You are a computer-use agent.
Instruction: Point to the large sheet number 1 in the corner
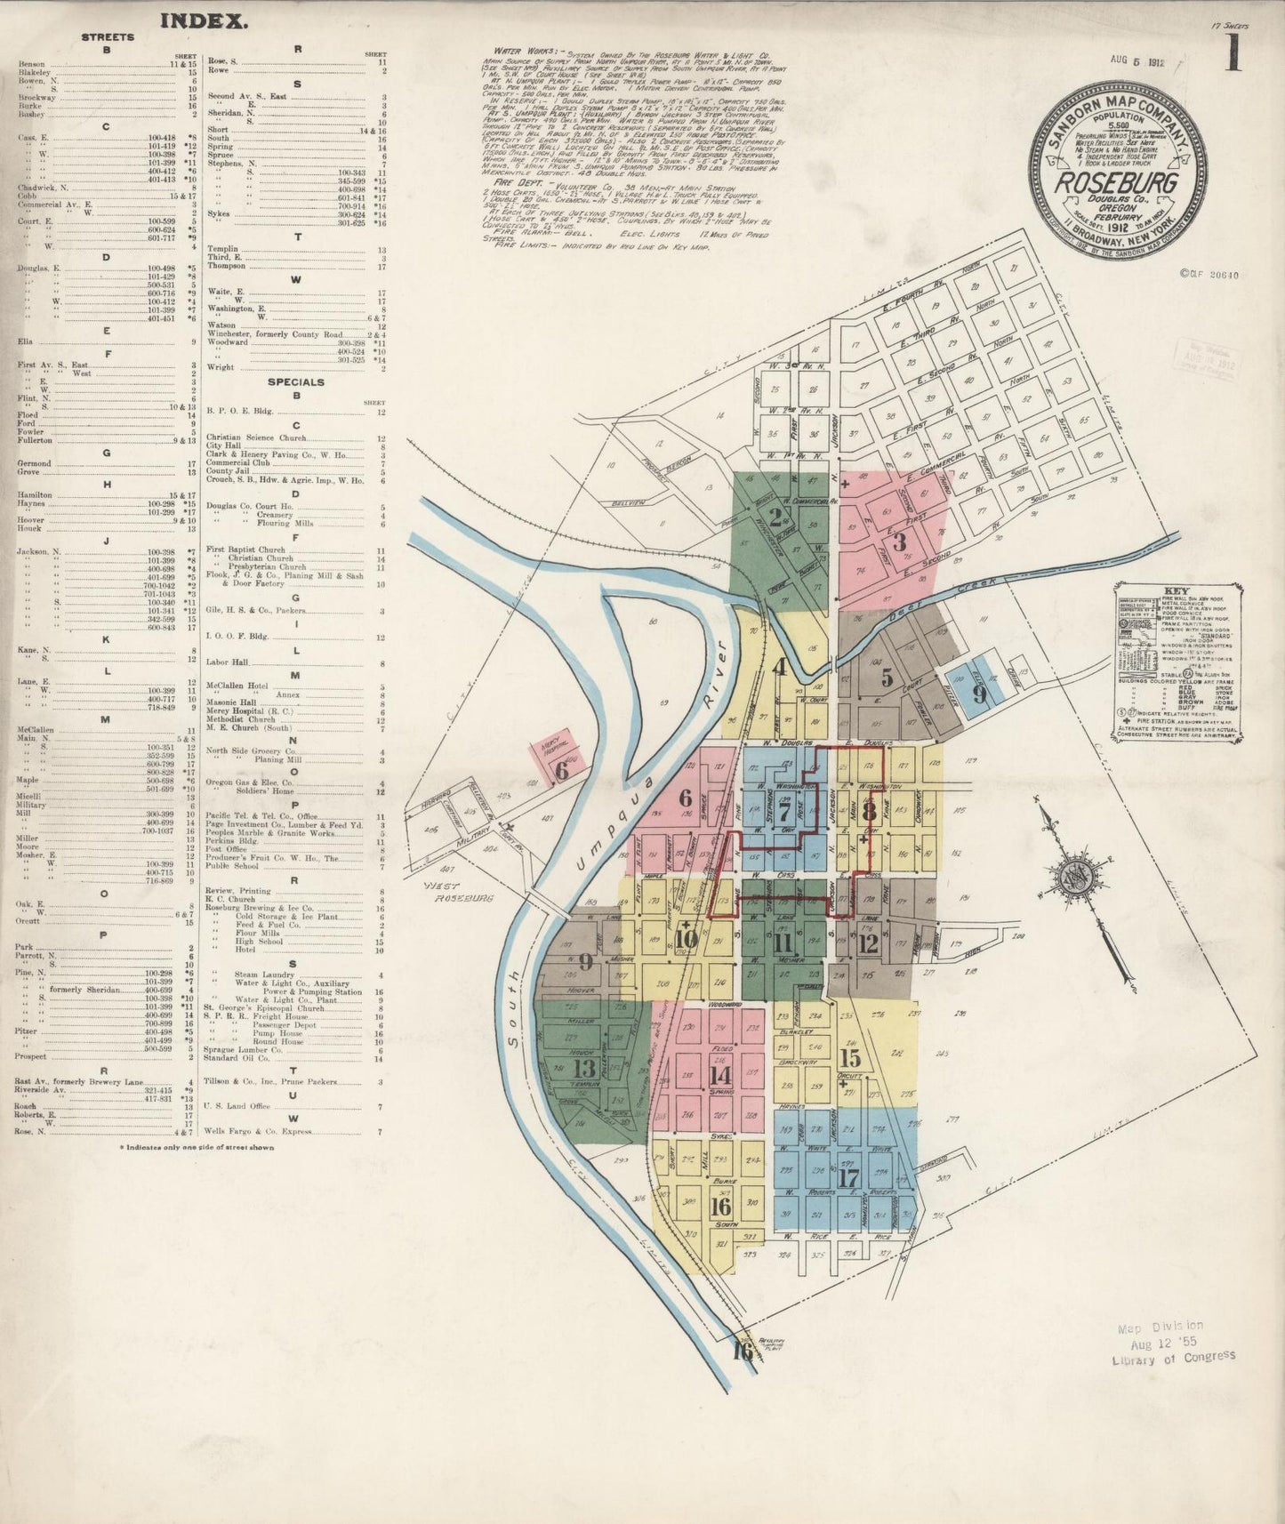(1233, 53)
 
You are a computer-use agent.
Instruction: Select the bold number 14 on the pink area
(719, 1073)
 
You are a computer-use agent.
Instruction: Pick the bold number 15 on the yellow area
(850, 1057)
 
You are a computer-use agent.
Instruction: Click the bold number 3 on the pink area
(900, 541)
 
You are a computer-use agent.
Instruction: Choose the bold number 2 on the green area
(775, 517)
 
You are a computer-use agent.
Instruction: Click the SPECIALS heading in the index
(296, 382)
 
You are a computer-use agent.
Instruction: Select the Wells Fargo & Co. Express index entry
(259, 1132)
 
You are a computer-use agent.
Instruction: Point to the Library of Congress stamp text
(1173, 1357)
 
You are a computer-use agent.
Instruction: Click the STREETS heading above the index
(108, 37)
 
